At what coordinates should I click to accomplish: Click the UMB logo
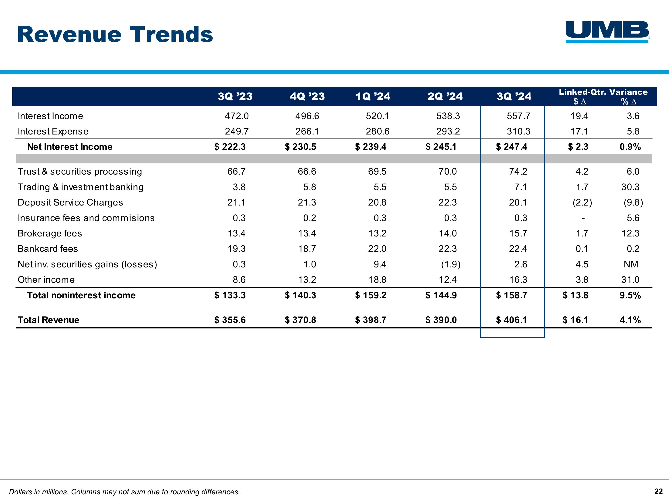(607, 32)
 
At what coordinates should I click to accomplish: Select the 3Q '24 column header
(514, 96)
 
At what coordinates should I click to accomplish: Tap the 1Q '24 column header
(373, 96)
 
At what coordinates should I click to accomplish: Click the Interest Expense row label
(53, 131)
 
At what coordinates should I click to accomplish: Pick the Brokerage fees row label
(50, 233)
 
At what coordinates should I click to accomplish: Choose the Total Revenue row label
(48, 320)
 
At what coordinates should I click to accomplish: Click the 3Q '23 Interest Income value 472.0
(237, 116)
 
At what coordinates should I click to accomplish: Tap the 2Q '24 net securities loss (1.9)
(450, 264)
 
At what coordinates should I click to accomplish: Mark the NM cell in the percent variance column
(631, 264)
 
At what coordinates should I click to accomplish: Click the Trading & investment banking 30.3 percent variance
(630, 187)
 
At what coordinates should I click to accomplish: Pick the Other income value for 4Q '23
(307, 280)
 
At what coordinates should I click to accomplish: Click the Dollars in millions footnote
(124, 492)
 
